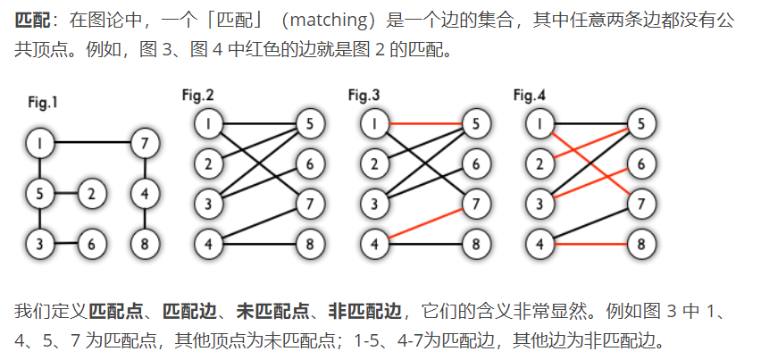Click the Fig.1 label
(x=43, y=103)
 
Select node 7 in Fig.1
(x=145, y=141)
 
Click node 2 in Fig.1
(x=92, y=191)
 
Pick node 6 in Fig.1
(x=92, y=242)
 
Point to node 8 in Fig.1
(x=145, y=242)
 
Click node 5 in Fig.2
(x=309, y=124)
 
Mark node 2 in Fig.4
(x=539, y=163)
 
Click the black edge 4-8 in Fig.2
(x=258, y=242)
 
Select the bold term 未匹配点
(x=263, y=312)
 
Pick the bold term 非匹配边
(x=360, y=312)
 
